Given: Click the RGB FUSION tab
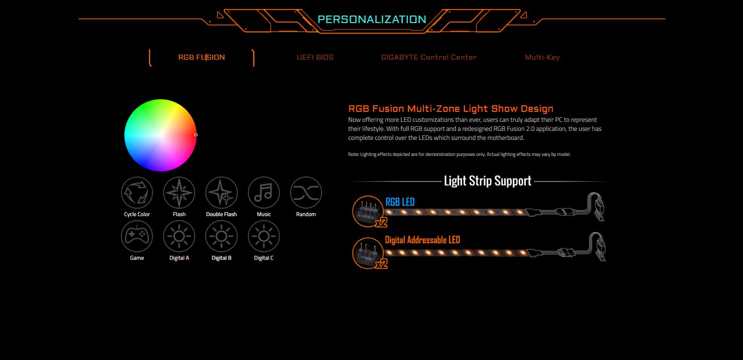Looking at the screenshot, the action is [x=201, y=57].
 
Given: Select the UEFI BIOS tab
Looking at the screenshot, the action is [x=315, y=57].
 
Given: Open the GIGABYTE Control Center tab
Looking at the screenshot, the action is [x=428, y=57].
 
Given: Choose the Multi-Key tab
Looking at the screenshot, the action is [x=542, y=57].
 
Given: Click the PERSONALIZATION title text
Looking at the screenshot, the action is [x=372, y=19].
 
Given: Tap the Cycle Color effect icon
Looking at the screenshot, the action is [x=136, y=193].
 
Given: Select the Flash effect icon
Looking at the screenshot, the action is [x=179, y=193].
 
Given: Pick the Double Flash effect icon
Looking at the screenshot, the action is [x=221, y=193].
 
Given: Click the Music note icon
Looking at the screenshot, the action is [x=264, y=193].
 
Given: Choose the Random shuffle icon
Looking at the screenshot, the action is [x=306, y=193].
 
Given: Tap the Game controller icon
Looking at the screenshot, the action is [x=136, y=236].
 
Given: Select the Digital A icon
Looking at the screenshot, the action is [x=179, y=236].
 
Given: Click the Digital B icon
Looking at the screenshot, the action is [x=221, y=236].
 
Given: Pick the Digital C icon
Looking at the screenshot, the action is [x=264, y=236].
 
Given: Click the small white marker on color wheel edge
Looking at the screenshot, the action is [x=196, y=135].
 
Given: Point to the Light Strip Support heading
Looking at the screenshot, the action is [x=488, y=181].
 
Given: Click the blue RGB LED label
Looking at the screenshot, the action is [x=400, y=202].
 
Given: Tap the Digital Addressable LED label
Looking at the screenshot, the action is [x=422, y=240].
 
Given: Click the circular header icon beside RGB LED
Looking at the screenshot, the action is [x=368, y=211].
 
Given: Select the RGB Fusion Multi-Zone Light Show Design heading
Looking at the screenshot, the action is [x=451, y=109].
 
